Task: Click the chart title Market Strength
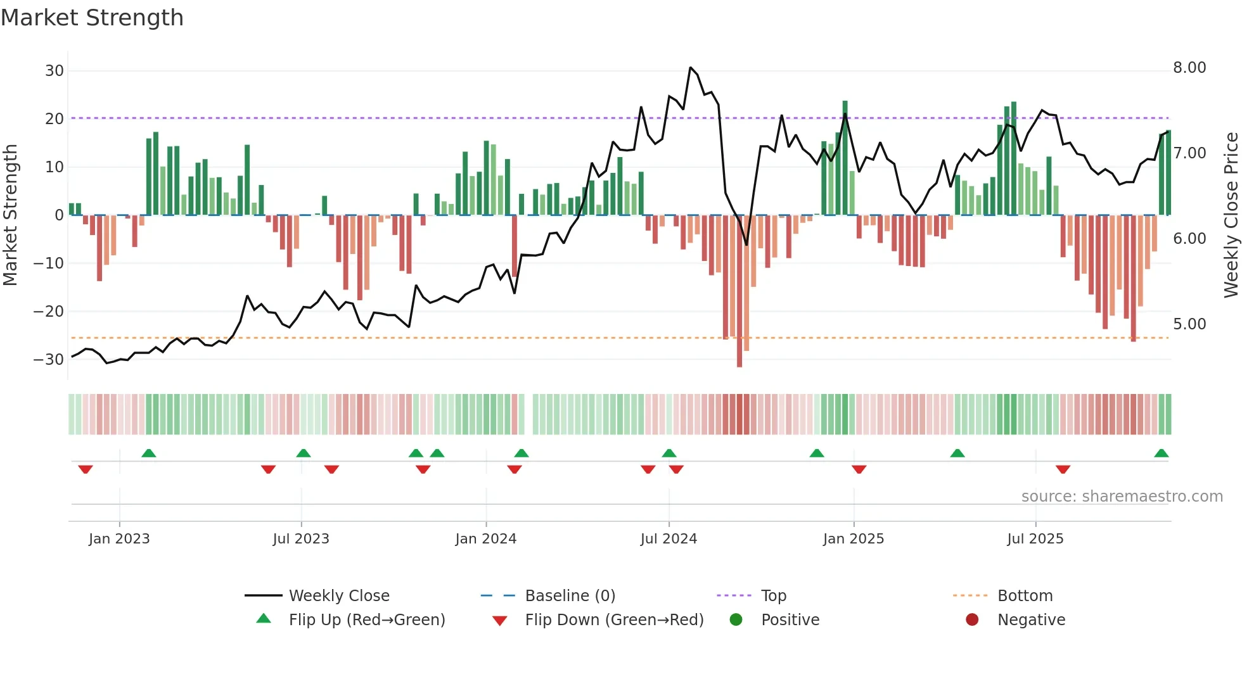(92, 18)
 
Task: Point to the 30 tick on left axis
(54, 71)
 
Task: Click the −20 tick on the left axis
(49, 311)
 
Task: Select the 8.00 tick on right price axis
(1189, 68)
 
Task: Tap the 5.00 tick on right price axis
(1189, 324)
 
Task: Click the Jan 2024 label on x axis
(485, 539)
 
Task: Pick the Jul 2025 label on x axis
(1035, 539)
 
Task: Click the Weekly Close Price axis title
(1231, 215)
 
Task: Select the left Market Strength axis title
(11, 215)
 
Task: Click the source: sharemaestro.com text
(1122, 497)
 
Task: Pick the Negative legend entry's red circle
(972, 620)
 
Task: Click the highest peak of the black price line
(691, 68)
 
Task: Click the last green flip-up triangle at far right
(1161, 454)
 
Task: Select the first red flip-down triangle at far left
(86, 469)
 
